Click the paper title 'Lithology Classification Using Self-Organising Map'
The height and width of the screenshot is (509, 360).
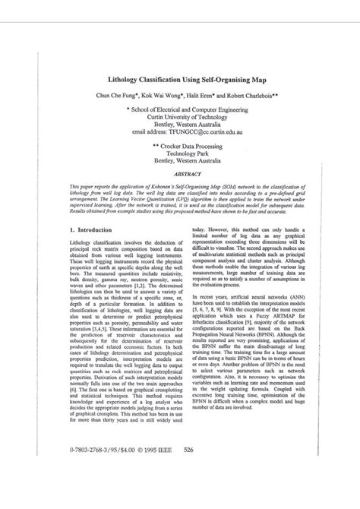click(181, 77)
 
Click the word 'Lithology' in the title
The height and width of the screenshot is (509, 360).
click(107, 77)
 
